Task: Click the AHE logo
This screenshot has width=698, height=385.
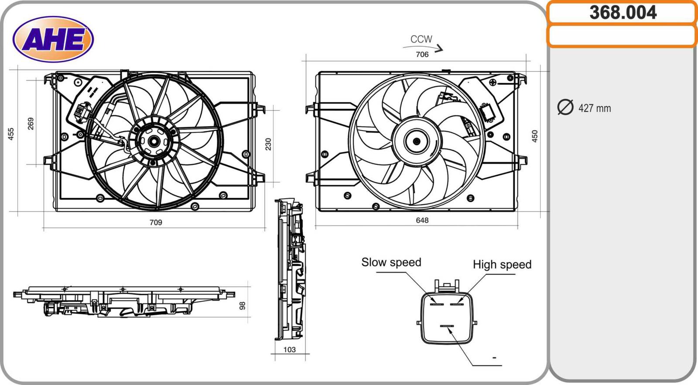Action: (53, 39)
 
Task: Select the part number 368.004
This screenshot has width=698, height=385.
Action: (623, 12)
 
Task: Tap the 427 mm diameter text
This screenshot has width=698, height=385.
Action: (594, 108)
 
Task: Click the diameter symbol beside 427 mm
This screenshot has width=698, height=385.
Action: (565, 107)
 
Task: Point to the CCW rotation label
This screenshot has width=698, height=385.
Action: (421, 39)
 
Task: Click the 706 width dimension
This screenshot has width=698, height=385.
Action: (422, 54)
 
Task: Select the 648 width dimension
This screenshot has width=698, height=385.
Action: (422, 220)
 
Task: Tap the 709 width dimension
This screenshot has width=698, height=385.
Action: (156, 222)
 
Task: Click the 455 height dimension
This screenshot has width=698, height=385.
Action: (11, 134)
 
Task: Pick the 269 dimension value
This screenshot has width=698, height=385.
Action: (31, 124)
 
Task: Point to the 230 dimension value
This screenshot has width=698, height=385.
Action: (268, 144)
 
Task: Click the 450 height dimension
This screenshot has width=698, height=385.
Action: (535, 136)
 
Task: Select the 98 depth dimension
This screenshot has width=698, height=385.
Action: (243, 305)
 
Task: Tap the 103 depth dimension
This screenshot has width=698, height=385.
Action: (289, 350)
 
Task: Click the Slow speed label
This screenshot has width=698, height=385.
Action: (391, 262)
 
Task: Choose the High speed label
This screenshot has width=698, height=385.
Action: (502, 264)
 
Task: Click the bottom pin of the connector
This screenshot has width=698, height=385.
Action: (447, 326)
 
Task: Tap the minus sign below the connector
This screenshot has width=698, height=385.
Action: (494, 358)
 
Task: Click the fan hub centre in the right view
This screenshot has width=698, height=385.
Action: (416, 141)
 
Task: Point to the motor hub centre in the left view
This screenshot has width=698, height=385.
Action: (154, 141)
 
